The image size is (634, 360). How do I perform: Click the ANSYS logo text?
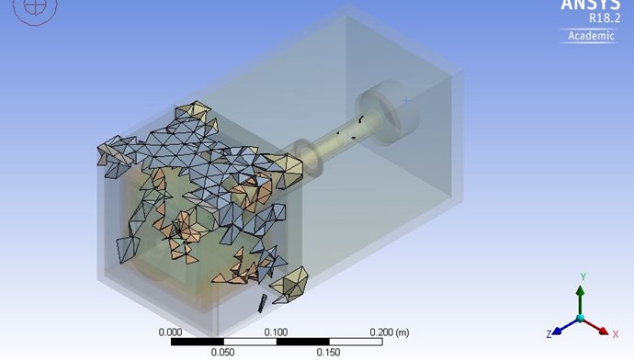tap(590, 5)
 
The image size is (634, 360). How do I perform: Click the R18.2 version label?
tap(604, 18)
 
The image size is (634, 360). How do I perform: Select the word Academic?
tap(591, 36)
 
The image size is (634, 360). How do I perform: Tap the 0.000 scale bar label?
tap(170, 332)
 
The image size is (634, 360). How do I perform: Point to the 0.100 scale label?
tap(277, 332)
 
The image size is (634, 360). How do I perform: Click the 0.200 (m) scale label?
tap(390, 332)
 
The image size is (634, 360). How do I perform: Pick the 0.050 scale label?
tap(222, 353)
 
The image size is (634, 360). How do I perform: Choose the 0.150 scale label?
tap(328, 353)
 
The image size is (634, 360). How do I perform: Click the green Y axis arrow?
tap(580, 300)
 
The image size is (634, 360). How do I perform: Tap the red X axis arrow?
tap(595, 326)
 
